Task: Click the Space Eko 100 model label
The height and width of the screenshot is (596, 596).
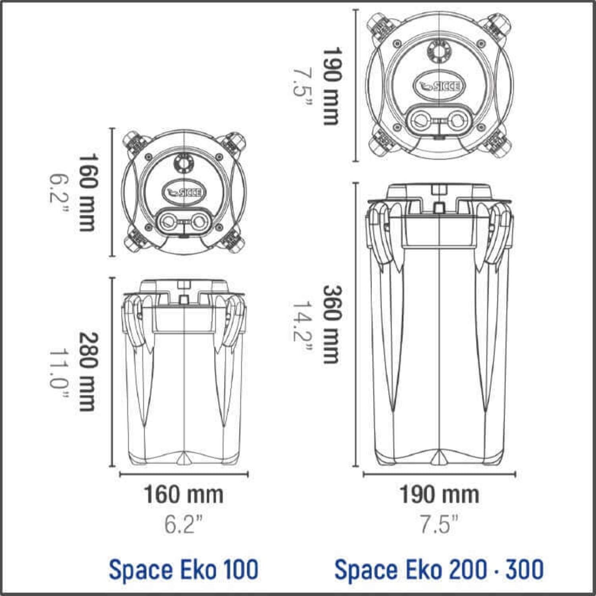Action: click(184, 569)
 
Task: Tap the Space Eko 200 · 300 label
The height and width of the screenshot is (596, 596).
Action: click(439, 569)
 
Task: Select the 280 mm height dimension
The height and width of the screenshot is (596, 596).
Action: click(87, 372)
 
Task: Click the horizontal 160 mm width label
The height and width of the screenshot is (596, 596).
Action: click(183, 495)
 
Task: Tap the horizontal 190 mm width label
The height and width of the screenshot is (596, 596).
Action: click(439, 495)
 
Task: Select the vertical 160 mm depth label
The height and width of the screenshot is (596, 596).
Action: click(87, 192)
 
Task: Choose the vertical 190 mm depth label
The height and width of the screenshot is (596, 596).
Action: click(331, 86)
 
